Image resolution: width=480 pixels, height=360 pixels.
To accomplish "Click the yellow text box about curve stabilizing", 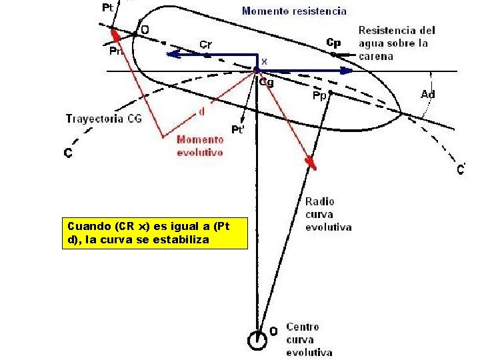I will click(153, 233).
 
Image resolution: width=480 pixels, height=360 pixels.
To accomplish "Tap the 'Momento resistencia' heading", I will click(294, 11).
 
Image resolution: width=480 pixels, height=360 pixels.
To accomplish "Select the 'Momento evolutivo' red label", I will click(199, 145).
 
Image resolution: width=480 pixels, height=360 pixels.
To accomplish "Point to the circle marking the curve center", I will click(257, 340).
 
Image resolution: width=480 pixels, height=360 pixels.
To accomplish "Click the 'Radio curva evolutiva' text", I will click(328, 214).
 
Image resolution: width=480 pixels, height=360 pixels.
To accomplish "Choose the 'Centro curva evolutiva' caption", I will click(309, 339).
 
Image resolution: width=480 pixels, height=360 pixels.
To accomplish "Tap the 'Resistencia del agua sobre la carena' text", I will click(397, 43).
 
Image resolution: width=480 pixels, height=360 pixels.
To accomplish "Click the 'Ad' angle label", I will click(428, 95).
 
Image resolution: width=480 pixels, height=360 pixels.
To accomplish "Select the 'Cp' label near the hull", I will click(333, 42).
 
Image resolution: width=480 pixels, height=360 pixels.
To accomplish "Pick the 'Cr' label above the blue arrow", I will click(206, 45).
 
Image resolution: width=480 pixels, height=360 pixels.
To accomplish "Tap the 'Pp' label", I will click(319, 96).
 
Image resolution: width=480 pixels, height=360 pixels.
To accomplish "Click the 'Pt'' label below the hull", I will click(237, 129).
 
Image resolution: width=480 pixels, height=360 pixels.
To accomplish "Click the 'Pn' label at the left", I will click(115, 51).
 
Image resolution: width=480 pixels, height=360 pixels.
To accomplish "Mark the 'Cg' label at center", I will click(266, 83).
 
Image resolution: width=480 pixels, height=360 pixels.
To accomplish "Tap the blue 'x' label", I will click(264, 61).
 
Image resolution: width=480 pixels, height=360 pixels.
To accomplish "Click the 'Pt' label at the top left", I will click(107, 8).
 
